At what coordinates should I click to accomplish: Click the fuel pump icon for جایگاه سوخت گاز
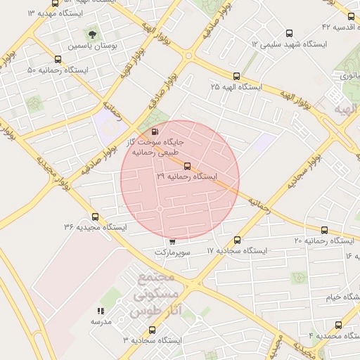point(155,131)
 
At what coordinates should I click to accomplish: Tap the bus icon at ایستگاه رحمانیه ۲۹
point(187,167)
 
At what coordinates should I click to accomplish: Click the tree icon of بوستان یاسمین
point(92,34)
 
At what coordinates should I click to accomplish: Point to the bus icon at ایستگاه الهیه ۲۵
point(236,76)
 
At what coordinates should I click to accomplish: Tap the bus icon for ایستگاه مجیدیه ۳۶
point(95,217)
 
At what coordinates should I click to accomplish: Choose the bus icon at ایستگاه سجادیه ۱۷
point(238,240)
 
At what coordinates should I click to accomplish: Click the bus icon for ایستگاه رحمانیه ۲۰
point(324,230)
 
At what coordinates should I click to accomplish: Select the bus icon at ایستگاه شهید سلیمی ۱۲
point(289,33)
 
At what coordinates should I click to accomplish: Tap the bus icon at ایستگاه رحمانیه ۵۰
point(58,60)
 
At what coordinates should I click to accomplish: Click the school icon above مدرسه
point(101,310)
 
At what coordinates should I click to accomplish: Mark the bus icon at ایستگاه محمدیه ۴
point(339,326)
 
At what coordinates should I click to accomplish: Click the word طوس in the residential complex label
point(146,311)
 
